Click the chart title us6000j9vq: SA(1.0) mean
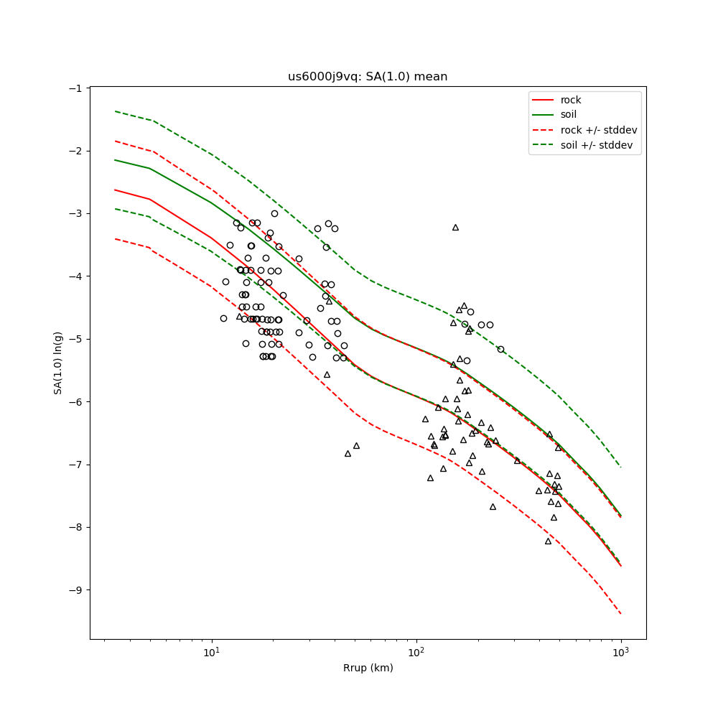click(x=368, y=77)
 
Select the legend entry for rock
click(x=571, y=100)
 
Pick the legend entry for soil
click(x=569, y=115)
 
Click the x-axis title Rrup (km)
click(x=368, y=668)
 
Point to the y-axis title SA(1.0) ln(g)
click(x=57, y=363)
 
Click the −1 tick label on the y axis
click(x=75, y=88)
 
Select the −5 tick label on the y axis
click(x=75, y=339)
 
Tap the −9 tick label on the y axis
click(x=75, y=590)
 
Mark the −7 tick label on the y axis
click(x=75, y=465)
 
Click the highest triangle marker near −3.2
click(x=455, y=228)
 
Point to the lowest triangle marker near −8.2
click(x=548, y=541)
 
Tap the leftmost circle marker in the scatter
click(x=223, y=318)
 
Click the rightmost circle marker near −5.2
click(x=500, y=349)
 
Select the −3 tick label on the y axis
click(x=75, y=213)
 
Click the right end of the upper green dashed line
click(x=620, y=467)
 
